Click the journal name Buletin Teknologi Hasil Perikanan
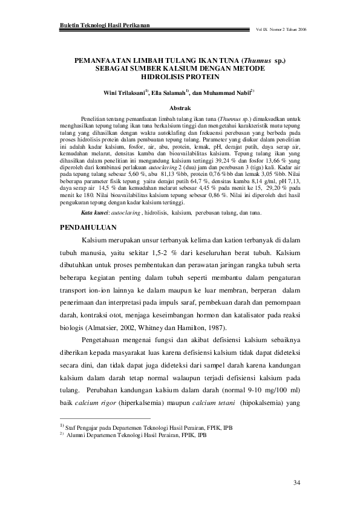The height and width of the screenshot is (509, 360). (x=105, y=26)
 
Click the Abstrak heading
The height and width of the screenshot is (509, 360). (x=180, y=106)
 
